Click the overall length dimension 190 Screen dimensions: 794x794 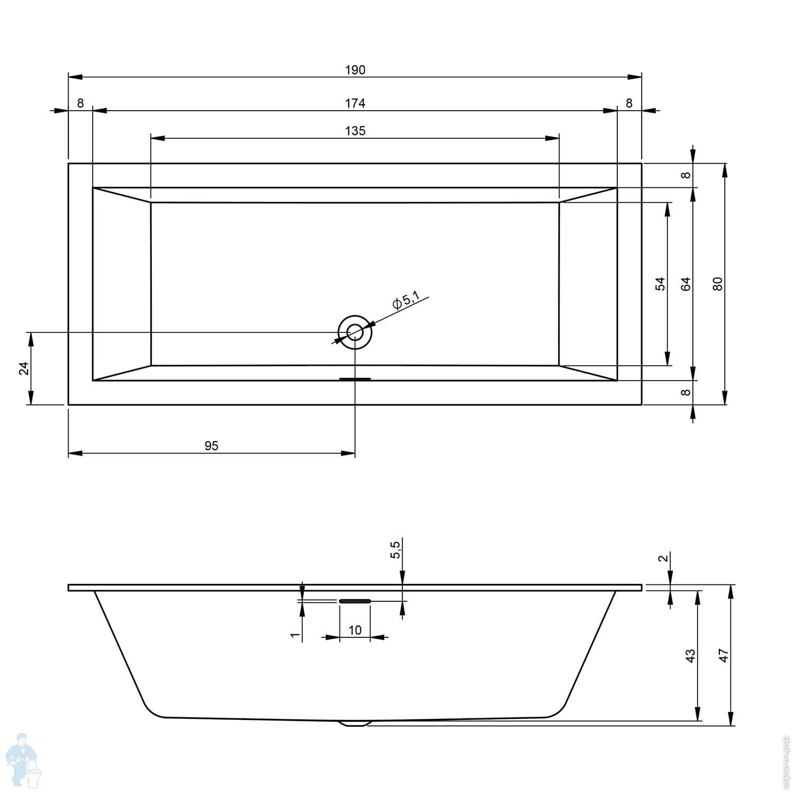(x=355, y=70)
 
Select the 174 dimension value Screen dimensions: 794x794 (x=355, y=103)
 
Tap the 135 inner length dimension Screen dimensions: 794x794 (x=355, y=131)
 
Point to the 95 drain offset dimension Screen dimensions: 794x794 (x=211, y=446)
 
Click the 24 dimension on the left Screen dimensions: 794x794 (x=24, y=368)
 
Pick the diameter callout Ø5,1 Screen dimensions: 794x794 (x=405, y=301)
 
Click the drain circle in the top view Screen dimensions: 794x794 (x=355, y=332)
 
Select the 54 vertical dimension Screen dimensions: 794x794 (x=660, y=284)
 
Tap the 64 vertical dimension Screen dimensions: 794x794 (x=686, y=284)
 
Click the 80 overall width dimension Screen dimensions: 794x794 (x=718, y=284)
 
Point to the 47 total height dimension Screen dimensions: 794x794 (x=724, y=655)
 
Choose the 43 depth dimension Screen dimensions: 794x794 (x=691, y=655)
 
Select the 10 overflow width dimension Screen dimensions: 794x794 (x=355, y=630)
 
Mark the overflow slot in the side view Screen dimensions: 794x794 (x=355, y=601)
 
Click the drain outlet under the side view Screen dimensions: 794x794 (x=355, y=723)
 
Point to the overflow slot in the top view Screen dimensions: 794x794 (x=355, y=379)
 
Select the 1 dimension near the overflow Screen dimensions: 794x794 (x=295, y=634)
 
